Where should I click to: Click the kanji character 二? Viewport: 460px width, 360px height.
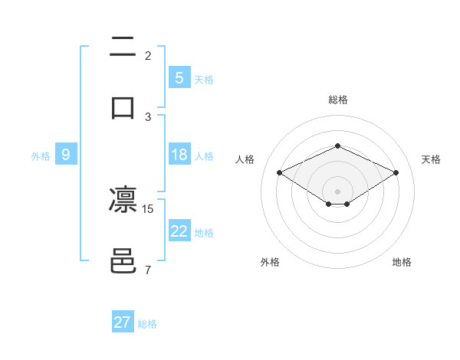pos(123,47)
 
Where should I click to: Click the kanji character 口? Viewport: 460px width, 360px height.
pos(123,107)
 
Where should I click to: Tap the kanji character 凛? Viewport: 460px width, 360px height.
pos(123,201)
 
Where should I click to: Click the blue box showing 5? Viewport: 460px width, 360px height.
pos(179,77)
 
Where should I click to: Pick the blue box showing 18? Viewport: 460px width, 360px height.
pos(179,155)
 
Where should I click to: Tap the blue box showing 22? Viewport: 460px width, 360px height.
pos(179,231)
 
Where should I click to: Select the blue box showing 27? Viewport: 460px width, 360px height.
pos(123,322)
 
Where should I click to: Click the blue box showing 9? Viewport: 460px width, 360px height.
pos(66,155)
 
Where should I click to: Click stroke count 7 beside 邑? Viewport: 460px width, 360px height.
pos(147,270)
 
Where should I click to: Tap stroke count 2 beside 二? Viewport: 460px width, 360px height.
pos(147,56)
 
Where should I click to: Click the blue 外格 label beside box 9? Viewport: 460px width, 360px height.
pos(41,155)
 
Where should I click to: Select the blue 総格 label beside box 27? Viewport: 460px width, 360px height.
pos(147,324)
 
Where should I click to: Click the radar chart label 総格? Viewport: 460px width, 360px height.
pos(337,100)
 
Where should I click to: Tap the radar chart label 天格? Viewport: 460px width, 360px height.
pos(431,159)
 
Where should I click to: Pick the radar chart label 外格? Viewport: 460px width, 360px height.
pos(270,262)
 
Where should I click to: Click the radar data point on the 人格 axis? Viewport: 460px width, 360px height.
pos(280,173)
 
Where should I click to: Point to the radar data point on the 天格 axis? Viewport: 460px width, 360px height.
pos(396,173)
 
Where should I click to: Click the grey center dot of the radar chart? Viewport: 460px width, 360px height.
pos(337,191)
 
